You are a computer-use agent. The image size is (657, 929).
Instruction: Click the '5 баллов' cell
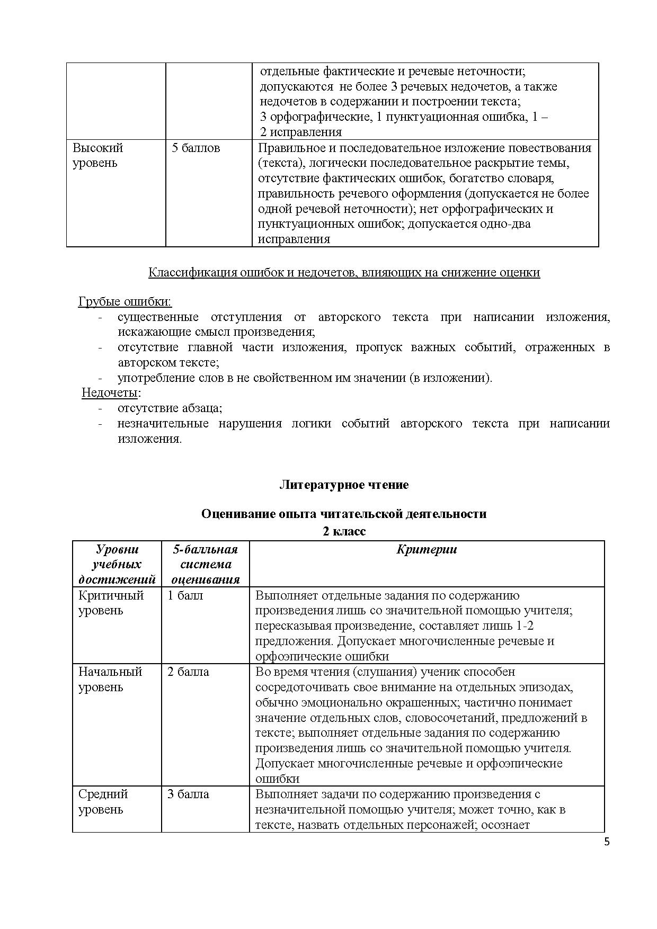click(x=196, y=148)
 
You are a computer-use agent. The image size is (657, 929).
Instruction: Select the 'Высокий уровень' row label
click(x=97, y=155)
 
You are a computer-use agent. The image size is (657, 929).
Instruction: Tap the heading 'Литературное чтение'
click(x=344, y=485)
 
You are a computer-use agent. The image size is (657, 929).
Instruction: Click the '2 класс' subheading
click(x=344, y=531)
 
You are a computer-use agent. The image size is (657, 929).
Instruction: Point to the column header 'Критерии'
click(x=427, y=550)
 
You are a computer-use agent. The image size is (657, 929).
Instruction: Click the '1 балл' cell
click(x=185, y=595)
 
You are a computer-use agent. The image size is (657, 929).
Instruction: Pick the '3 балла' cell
click(x=188, y=794)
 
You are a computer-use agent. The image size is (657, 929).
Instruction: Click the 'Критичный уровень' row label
click(x=111, y=603)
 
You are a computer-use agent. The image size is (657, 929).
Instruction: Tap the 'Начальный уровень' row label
click(x=110, y=680)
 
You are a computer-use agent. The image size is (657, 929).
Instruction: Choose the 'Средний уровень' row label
click(x=103, y=802)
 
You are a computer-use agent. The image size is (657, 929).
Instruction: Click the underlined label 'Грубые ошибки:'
click(x=125, y=302)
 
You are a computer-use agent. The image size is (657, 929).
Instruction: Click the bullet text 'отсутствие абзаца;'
click(x=170, y=408)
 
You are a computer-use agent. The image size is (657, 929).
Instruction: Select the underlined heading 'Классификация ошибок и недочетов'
click(x=344, y=273)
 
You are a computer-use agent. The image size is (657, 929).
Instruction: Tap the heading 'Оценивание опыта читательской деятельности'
click(x=344, y=514)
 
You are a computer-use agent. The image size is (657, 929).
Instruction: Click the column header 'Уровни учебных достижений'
click(x=117, y=564)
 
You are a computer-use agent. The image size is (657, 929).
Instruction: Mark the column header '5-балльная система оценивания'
click(x=206, y=564)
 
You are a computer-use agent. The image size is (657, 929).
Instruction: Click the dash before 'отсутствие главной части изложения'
click(x=100, y=348)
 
